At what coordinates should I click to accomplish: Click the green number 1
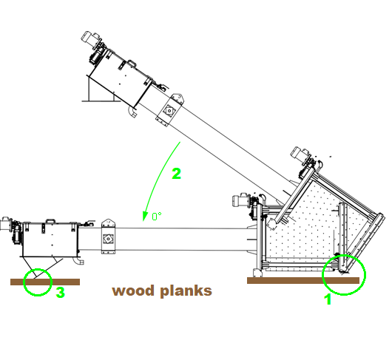point(328,299)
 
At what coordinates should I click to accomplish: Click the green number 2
point(177,174)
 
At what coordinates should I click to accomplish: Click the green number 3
point(60,292)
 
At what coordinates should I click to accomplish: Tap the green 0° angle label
point(157,216)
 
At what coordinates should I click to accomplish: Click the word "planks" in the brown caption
point(186,291)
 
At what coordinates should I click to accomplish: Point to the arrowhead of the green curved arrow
point(144,216)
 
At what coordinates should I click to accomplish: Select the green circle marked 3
point(38,269)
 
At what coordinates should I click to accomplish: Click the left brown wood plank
point(45,282)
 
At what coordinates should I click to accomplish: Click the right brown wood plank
point(303,281)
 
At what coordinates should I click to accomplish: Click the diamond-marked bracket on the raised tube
point(170,110)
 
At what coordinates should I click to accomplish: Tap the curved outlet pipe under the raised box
point(132,112)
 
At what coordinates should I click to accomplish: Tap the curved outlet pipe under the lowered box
point(78,261)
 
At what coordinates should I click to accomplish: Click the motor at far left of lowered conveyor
point(5,223)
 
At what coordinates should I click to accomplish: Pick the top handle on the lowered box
point(50,221)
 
